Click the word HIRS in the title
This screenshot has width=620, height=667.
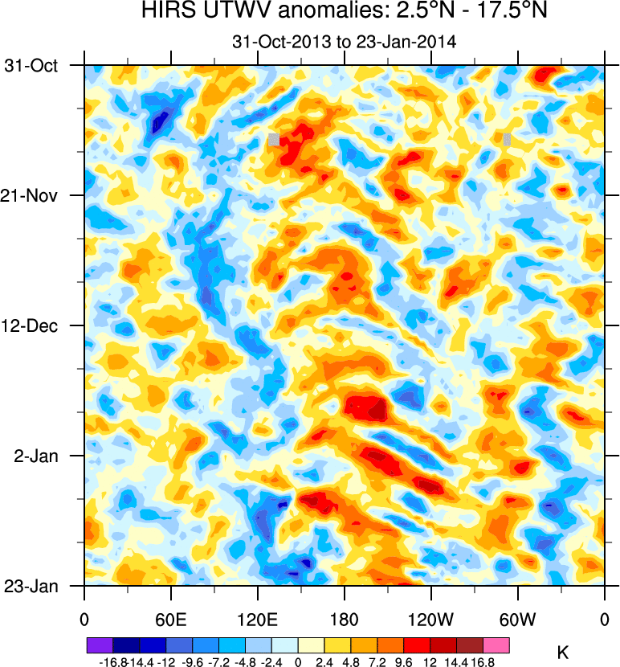(x=165, y=13)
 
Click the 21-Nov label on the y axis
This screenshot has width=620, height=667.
(x=35, y=195)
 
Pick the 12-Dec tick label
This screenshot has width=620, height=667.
(x=35, y=325)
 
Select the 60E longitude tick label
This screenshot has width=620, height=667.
(x=170, y=619)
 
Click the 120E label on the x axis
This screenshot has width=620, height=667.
(x=257, y=619)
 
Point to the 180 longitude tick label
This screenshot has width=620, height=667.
(x=344, y=619)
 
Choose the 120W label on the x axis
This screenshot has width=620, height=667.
(x=430, y=619)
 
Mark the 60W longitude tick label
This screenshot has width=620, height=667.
(x=517, y=619)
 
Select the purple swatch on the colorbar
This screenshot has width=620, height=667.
(x=100, y=644)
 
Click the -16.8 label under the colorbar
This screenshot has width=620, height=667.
(x=112, y=661)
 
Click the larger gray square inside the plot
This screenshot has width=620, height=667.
(x=274, y=140)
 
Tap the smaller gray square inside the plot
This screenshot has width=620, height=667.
(x=507, y=139)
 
